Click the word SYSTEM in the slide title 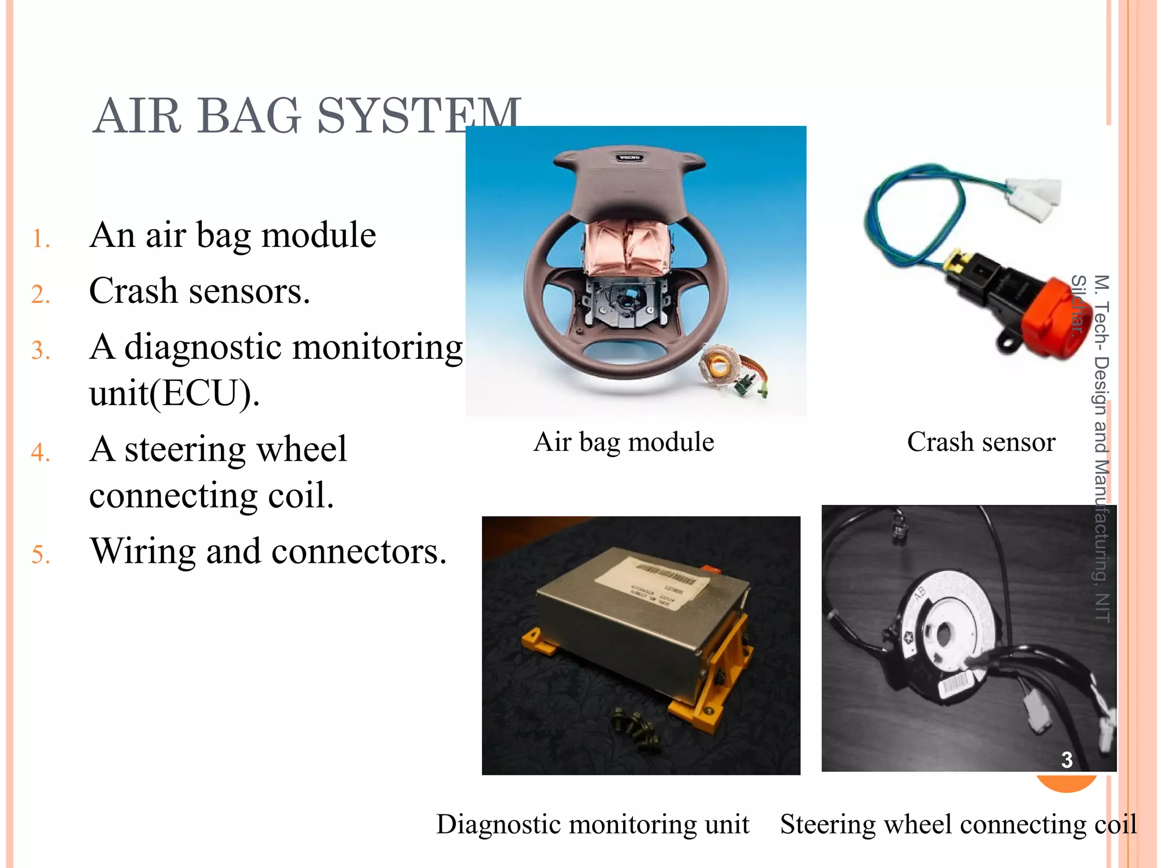pos(418,116)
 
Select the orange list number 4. pos(40,452)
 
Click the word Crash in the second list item pos(133,291)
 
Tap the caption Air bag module pos(624,442)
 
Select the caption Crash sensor pos(981,442)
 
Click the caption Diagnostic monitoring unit pos(593,824)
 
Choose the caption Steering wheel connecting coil pos(958,824)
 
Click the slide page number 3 pos(1067,760)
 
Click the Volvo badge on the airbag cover pos(628,158)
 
